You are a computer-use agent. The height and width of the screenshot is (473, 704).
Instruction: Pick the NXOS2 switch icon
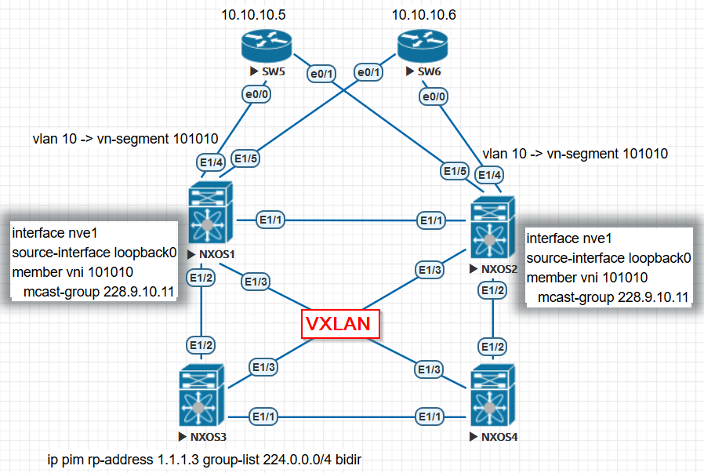pos(492,228)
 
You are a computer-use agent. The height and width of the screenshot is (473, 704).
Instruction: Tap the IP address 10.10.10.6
pos(423,14)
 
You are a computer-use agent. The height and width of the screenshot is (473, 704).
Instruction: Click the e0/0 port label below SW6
pos(434,98)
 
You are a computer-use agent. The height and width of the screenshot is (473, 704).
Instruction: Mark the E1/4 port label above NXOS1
pos(212,162)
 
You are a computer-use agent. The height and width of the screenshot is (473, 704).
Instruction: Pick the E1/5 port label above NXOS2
pos(456,171)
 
